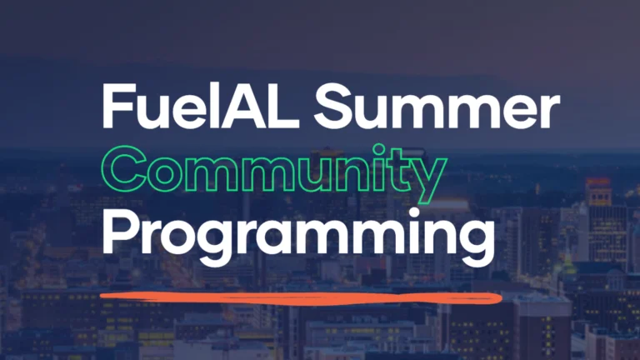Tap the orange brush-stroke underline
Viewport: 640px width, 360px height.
coord(300,297)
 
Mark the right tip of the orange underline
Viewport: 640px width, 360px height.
coord(500,297)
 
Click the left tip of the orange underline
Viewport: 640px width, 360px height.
coord(101,294)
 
